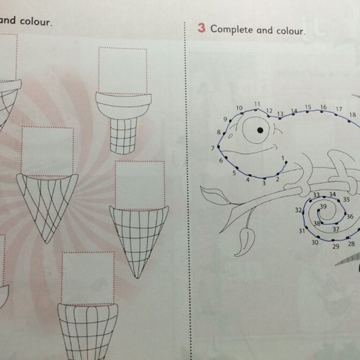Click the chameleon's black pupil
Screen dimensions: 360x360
click(x=260, y=130)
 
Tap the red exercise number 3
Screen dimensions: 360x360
click(x=202, y=28)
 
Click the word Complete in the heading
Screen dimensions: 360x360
click(x=232, y=30)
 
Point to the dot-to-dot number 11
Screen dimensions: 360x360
click(x=257, y=104)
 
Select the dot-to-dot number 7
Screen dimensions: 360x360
click(x=212, y=148)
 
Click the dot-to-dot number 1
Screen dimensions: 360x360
click(x=283, y=158)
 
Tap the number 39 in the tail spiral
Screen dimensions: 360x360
click(x=323, y=207)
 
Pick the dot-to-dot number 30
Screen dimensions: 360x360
click(x=315, y=243)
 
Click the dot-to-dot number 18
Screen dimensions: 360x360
click(x=352, y=114)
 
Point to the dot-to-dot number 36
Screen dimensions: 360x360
click(x=350, y=217)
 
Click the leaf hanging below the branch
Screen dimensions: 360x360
click(x=245, y=241)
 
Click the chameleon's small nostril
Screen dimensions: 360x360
click(x=230, y=136)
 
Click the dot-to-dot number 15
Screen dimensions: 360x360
click(x=308, y=107)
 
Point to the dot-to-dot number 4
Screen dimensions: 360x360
click(x=248, y=179)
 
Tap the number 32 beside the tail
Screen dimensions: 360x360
click(x=298, y=210)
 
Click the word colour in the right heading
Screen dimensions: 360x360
click(x=291, y=31)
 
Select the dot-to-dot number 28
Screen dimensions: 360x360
click(x=351, y=244)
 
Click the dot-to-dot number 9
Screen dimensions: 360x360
click(x=225, y=120)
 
